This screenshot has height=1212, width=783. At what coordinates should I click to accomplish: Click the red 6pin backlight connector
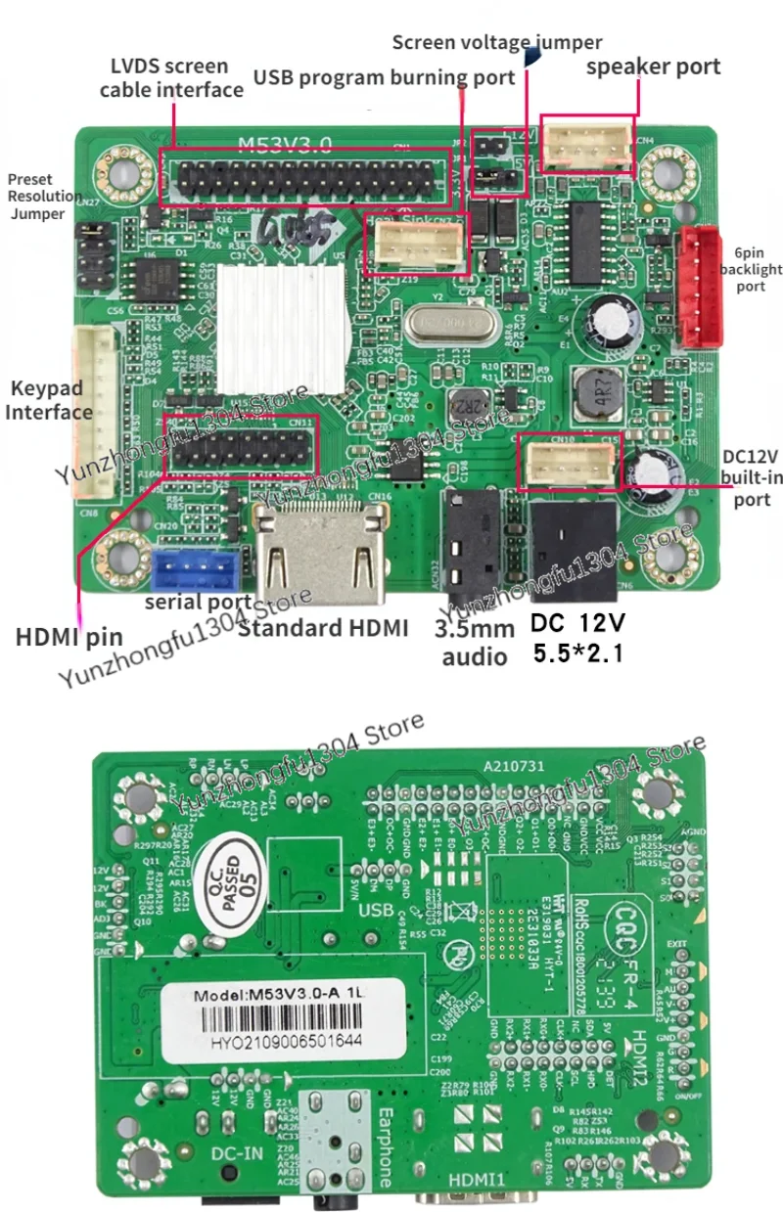point(700,287)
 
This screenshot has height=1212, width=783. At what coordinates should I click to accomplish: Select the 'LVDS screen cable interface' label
point(170,78)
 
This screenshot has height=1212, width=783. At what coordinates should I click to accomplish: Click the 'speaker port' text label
point(653,66)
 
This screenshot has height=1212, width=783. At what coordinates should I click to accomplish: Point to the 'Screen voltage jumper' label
point(497,42)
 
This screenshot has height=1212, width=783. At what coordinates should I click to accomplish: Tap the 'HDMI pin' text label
point(69,637)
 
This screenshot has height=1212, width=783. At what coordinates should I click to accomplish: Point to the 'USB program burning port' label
point(385,77)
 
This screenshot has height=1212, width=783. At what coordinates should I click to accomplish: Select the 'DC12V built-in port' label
point(749,478)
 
